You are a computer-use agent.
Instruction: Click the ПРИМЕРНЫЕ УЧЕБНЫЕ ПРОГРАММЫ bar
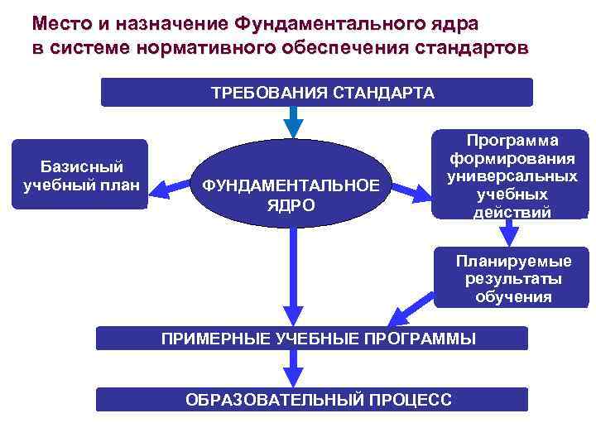pos(312,338)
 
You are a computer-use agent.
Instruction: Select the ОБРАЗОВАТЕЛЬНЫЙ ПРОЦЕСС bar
pos(311,399)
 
